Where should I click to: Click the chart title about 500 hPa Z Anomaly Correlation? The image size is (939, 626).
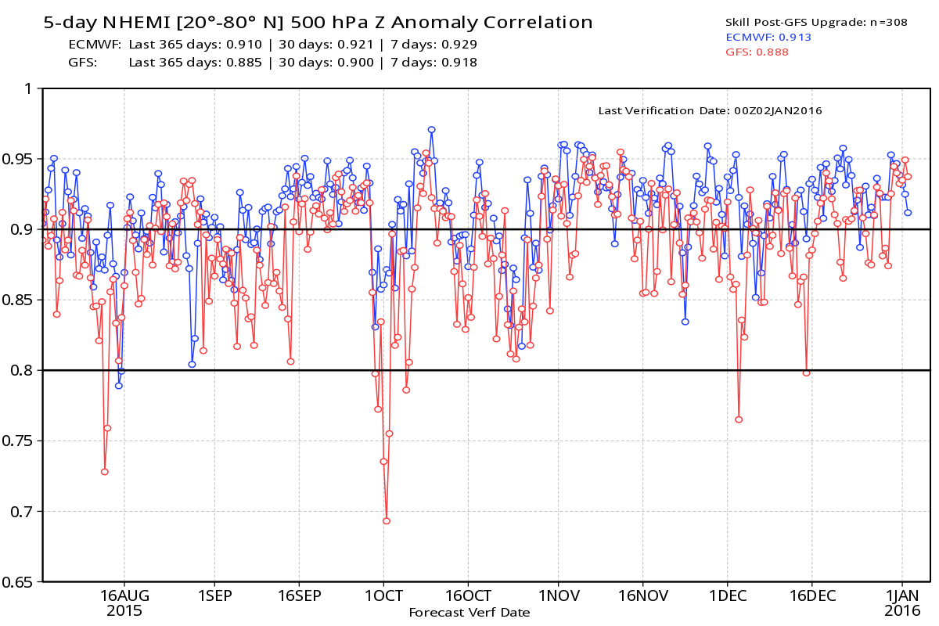tap(317, 22)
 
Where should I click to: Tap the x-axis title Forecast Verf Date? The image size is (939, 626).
tap(469, 613)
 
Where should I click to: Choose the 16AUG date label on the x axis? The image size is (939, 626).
tap(124, 595)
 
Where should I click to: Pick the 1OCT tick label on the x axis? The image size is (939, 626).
tap(383, 595)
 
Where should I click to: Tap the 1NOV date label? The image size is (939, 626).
tap(558, 595)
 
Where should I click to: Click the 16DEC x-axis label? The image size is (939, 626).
tap(811, 595)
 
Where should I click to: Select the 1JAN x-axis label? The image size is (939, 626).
tap(901, 595)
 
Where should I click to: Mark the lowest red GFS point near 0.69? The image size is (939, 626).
tap(386, 520)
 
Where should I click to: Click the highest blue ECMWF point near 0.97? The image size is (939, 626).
tap(431, 130)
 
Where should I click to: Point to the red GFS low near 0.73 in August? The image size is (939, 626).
tap(104, 472)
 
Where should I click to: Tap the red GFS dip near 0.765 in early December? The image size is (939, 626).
tap(738, 419)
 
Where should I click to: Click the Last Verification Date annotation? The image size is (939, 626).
tap(710, 111)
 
